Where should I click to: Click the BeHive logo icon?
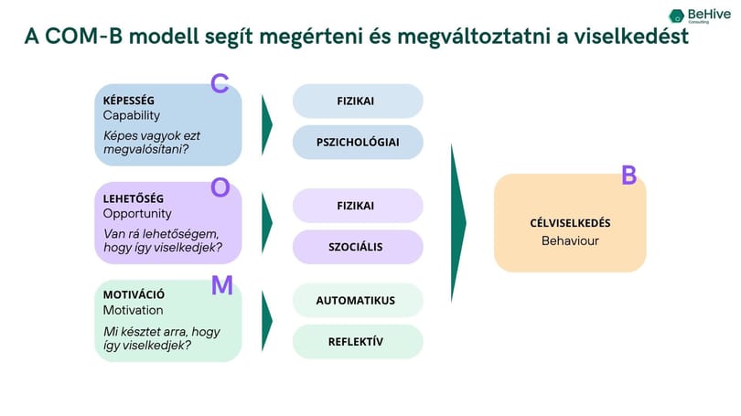point(676,16)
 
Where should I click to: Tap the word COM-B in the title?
point(83,37)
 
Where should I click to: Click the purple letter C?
point(220,83)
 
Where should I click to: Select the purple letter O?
point(220,187)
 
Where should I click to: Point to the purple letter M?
point(221,285)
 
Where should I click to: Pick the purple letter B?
point(629,175)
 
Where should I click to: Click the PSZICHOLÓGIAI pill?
point(358,142)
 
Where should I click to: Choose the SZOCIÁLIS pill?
point(358,247)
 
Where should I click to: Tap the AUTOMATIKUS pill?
point(358,300)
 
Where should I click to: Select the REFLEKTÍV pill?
point(358,341)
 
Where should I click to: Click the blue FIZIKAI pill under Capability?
point(358,101)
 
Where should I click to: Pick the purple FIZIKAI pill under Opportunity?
point(358,206)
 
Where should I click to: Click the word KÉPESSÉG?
point(129,100)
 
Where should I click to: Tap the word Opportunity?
point(137,214)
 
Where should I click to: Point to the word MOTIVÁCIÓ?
point(134,294)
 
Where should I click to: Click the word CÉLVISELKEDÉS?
point(570,223)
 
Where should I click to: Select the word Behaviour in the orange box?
point(570,240)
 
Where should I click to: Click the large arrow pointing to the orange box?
point(458,223)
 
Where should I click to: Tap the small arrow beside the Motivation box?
point(267,321)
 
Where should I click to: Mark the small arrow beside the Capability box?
point(267,124)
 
